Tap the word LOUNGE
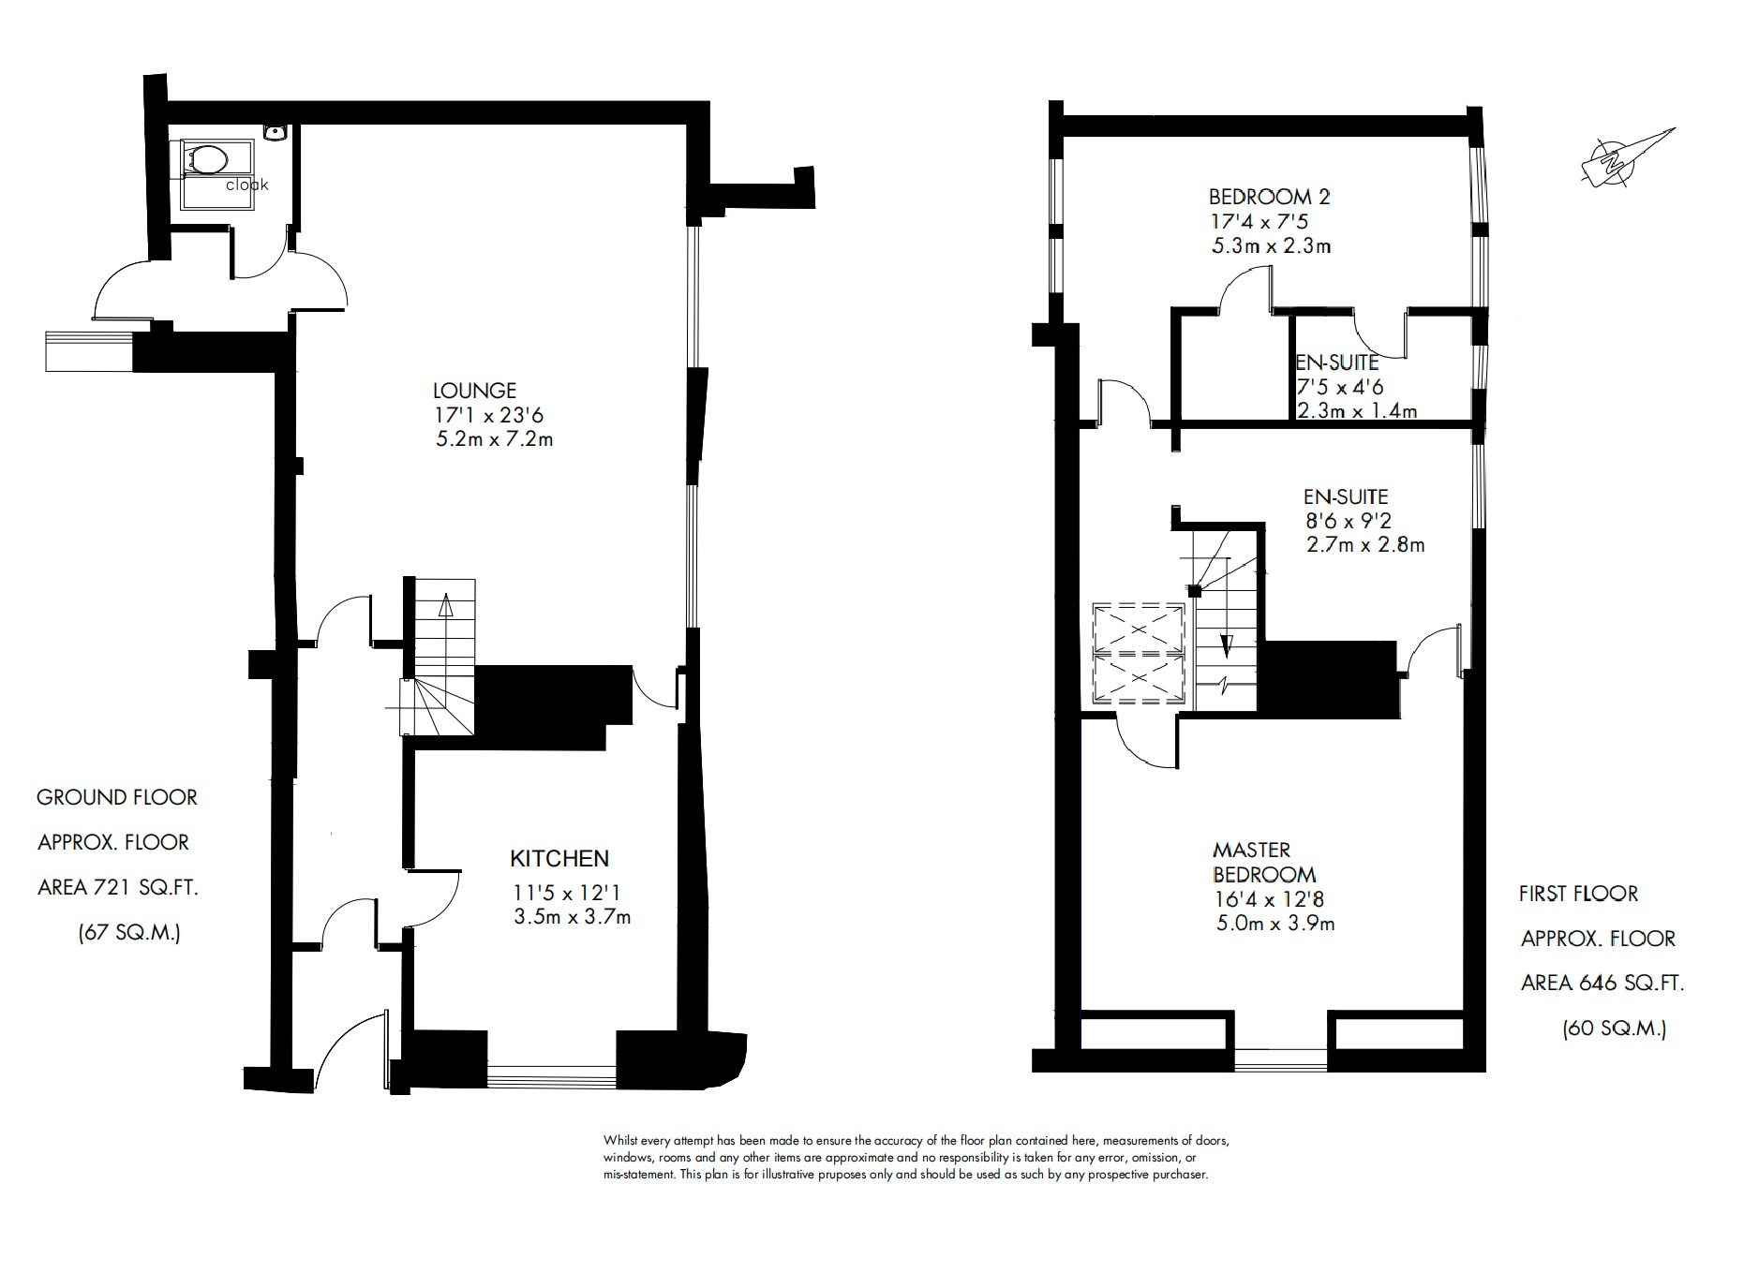point(474,391)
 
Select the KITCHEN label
point(559,858)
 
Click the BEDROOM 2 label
point(1269,197)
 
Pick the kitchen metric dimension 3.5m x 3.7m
point(572,917)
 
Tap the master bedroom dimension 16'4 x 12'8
point(1267,899)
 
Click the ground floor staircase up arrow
point(445,605)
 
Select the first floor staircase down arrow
point(1225,646)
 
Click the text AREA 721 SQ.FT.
point(117,887)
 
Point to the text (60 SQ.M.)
point(1614,1029)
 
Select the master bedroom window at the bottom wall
point(1280,1059)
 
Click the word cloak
point(247,185)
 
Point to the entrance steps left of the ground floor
point(88,351)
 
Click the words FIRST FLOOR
point(1578,894)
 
